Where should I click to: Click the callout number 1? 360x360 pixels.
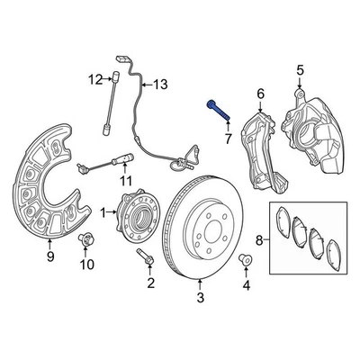[103, 212]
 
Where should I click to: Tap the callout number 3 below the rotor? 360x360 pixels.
[201, 297]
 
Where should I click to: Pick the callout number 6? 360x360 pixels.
[260, 94]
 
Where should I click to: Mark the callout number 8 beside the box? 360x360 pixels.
[259, 240]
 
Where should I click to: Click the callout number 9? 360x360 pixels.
[49, 256]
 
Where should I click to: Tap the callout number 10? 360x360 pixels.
[87, 264]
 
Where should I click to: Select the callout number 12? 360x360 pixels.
[93, 81]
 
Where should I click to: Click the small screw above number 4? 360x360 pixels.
[245, 263]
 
